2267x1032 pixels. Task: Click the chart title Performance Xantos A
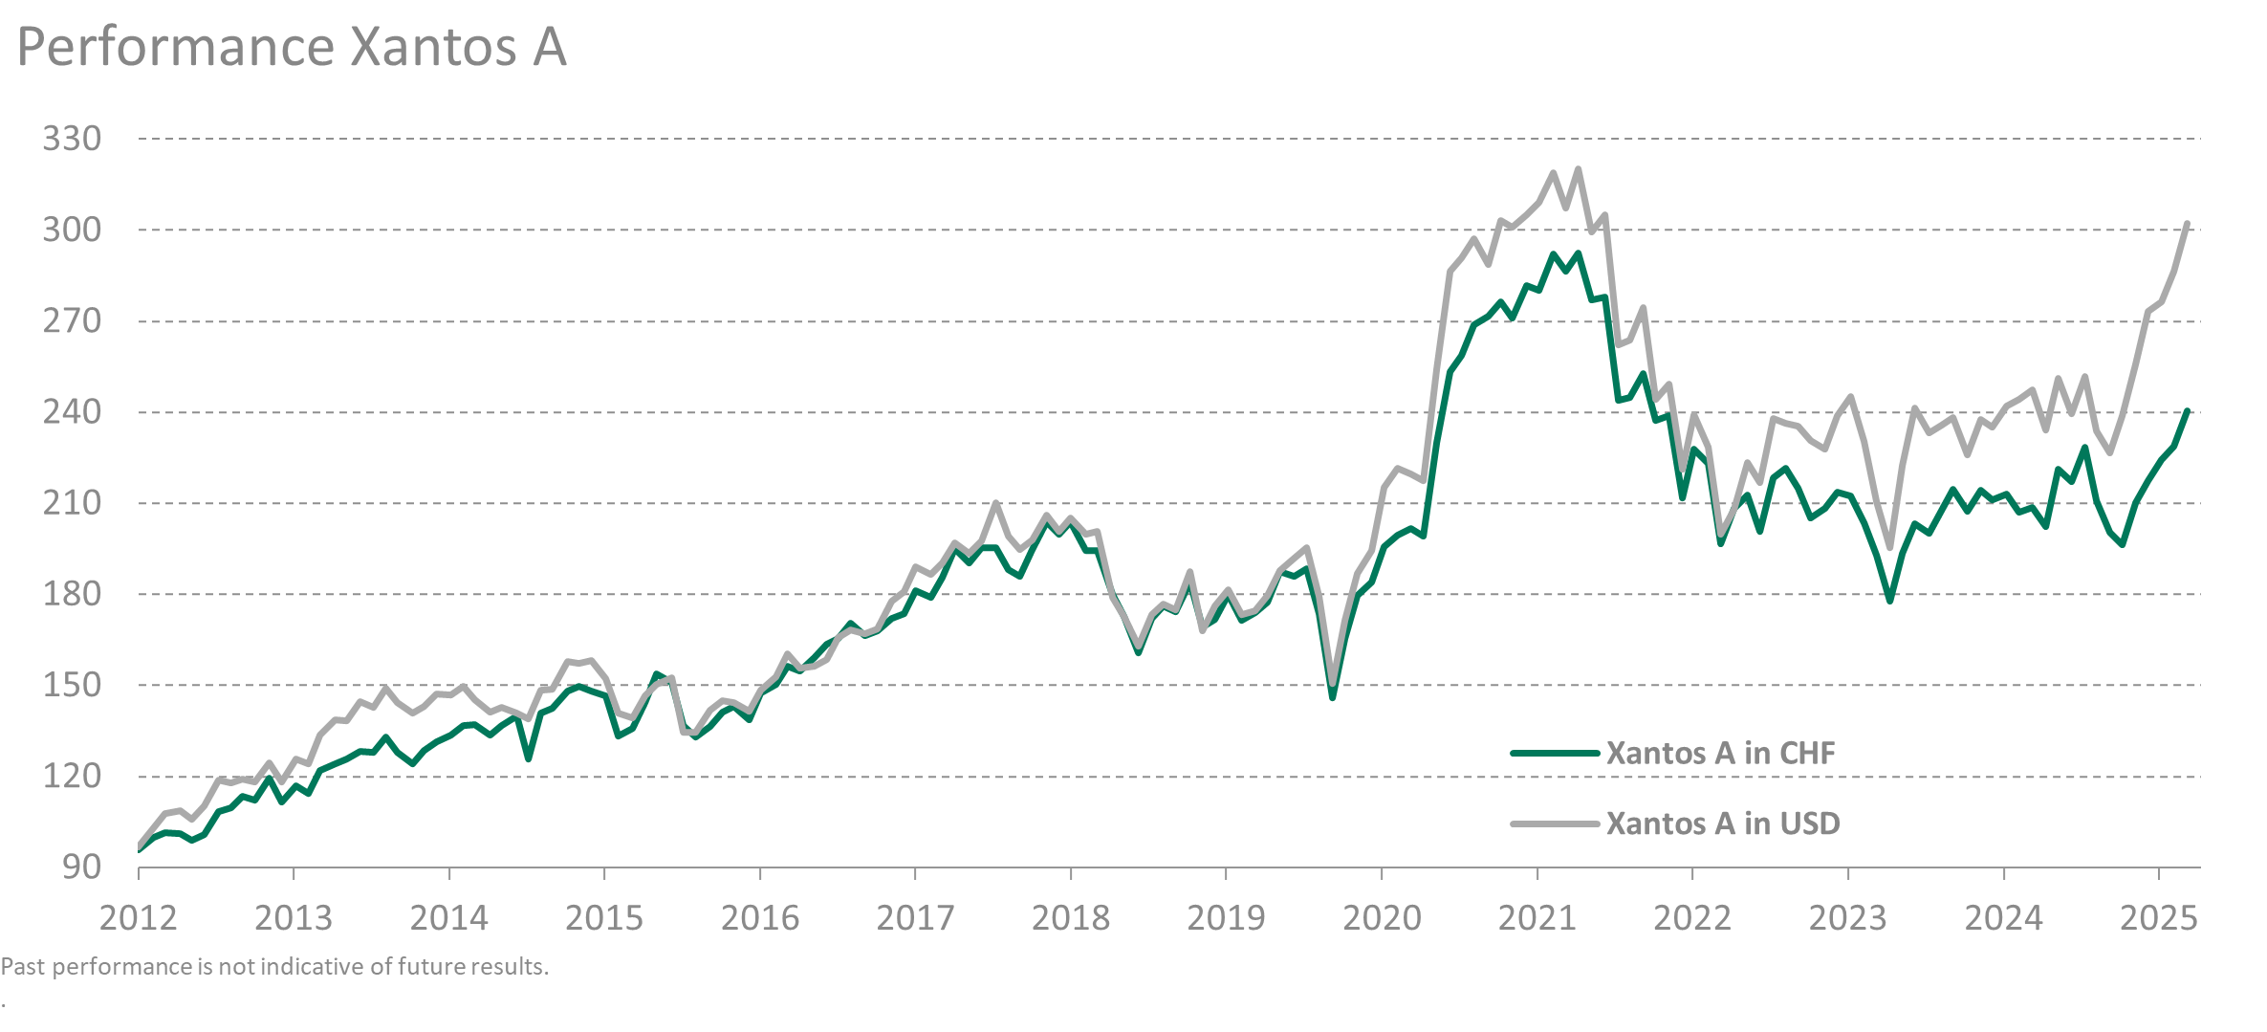(x=292, y=47)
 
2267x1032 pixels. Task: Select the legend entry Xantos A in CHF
(x=1720, y=753)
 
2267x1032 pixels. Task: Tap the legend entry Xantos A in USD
(x=1722, y=823)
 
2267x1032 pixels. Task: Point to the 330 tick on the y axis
(x=72, y=139)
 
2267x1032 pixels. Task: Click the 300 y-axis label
(x=72, y=230)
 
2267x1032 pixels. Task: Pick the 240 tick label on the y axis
(x=72, y=411)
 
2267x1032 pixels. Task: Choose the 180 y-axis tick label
(x=72, y=594)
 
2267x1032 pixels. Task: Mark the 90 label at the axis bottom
(x=81, y=867)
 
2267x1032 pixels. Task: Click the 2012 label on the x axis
(x=139, y=918)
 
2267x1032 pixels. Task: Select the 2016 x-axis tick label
(x=760, y=918)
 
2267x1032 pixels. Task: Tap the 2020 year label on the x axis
(x=1382, y=918)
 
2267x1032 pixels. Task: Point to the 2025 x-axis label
(x=2159, y=918)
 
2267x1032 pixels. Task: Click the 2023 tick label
(x=1848, y=918)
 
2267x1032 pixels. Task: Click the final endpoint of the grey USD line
(x=2187, y=224)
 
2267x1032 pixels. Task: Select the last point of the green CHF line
(x=2187, y=411)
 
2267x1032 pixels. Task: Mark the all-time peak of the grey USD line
(x=1578, y=169)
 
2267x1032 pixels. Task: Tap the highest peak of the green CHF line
(x=1578, y=253)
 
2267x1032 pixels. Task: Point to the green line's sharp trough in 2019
(x=1332, y=697)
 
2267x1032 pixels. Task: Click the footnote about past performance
(x=275, y=967)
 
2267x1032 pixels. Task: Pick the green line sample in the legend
(x=1555, y=753)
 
